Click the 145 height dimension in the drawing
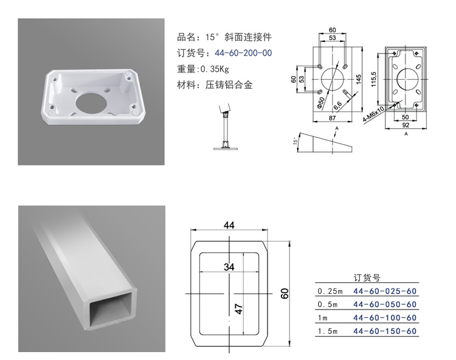[359, 79]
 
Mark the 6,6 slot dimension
[338, 104]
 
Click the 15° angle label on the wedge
[296, 141]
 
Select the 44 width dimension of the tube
[229, 225]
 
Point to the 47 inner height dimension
[239, 307]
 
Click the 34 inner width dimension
[229, 266]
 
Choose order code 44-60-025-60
[385, 291]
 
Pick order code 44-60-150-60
[385, 331]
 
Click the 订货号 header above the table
[367, 278]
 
